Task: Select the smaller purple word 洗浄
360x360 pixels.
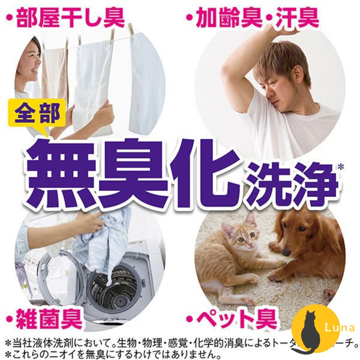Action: (292, 184)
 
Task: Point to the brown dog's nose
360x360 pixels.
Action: (285, 252)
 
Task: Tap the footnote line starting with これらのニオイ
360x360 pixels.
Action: (119, 352)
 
